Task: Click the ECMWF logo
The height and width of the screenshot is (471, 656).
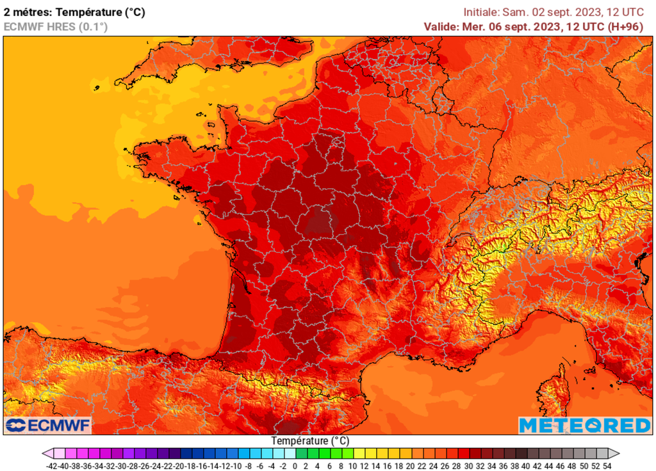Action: click(48, 426)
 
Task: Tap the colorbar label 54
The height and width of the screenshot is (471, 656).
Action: click(607, 466)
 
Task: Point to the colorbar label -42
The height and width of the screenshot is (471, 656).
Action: click(53, 466)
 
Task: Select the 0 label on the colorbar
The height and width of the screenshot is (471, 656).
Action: click(295, 466)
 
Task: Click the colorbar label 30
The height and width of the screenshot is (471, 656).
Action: click(468, 466)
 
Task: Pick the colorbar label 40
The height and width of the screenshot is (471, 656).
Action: click(526, 466)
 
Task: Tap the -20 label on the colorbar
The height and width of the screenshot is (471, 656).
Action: click(179, 466)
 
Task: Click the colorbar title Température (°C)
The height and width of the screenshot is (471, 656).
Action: click(310, 441)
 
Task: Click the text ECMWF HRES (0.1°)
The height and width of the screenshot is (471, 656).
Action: click(56, 26)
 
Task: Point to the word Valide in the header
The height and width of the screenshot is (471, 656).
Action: click(442, 26)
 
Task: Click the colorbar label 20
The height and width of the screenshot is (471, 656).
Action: click(411, 466)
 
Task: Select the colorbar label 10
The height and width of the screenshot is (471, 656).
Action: click(353, 466)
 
